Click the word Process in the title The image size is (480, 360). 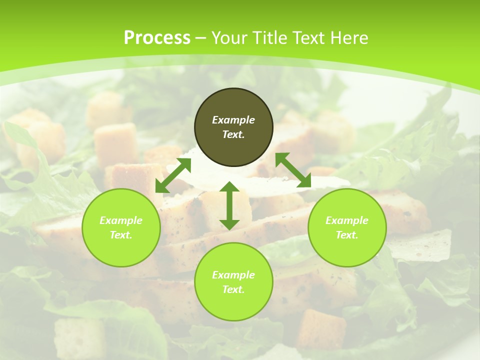157,38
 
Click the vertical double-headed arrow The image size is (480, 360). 229,205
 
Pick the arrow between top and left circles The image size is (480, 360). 173,175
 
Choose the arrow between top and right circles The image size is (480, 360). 293,170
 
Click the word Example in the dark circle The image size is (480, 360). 233,120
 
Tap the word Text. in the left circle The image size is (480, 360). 121,235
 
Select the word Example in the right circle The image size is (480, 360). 347,220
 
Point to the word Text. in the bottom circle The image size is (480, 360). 233,289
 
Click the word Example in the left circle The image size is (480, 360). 121,220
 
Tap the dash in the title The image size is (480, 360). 201,38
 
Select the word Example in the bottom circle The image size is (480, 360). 233,275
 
